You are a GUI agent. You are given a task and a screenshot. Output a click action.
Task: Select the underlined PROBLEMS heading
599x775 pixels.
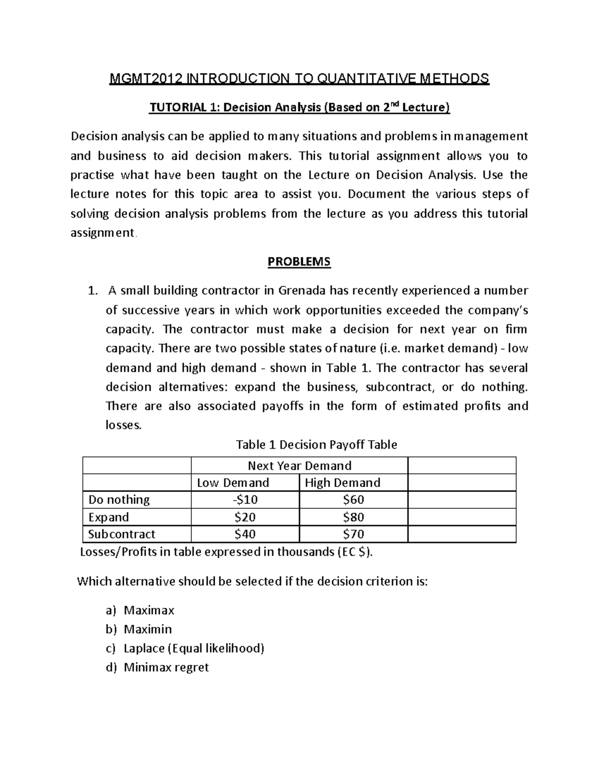pyautogui.click(x=299, y=261)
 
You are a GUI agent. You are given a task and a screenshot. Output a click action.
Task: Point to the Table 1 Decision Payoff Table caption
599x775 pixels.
pyautogui.click(x=316, y=445)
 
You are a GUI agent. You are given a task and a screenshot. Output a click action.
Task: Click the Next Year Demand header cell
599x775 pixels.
pyautogui.click(x=299, y=466)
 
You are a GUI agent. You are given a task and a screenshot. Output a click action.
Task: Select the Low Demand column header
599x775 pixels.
pyautogui.click(x=233, y=483)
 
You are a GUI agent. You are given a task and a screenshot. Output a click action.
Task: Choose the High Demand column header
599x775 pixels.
pyautogui.click(x=342, y=483)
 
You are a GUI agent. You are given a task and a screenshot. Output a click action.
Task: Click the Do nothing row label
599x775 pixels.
pyautogui.click(x=119, y=500)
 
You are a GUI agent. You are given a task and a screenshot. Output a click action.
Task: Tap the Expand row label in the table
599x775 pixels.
pyautogui.click(x=108, y=517)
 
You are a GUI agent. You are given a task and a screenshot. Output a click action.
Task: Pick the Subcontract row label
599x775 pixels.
pyautogui.click(x=122, y=534)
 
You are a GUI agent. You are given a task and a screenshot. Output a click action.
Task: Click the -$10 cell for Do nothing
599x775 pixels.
pyautogui.click(x=245, y=500)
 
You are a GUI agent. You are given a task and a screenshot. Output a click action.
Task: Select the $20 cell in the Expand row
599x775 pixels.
pyautogui.click(x=245, y=517)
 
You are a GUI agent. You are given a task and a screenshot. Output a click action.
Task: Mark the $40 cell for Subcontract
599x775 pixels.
pyautogui.click(x=245, y=534)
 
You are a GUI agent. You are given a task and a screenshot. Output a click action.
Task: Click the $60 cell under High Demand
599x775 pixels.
pyautogui.click(x=353, y=500)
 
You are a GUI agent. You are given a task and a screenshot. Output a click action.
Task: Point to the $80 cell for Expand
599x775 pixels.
pyautogui.click(x=353, y=517)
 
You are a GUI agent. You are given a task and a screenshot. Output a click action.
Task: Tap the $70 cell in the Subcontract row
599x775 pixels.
pyautogui.click(x=353, y=534)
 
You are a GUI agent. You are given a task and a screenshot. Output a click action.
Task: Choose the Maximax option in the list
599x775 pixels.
pyautogui.click(x=149, y=610)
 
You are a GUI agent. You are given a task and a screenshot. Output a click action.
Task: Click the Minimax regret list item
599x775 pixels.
pyautogui.click(x=166, y=667)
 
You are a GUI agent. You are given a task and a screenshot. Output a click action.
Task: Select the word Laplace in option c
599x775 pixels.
pyautogui.click(x=144, y=648)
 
